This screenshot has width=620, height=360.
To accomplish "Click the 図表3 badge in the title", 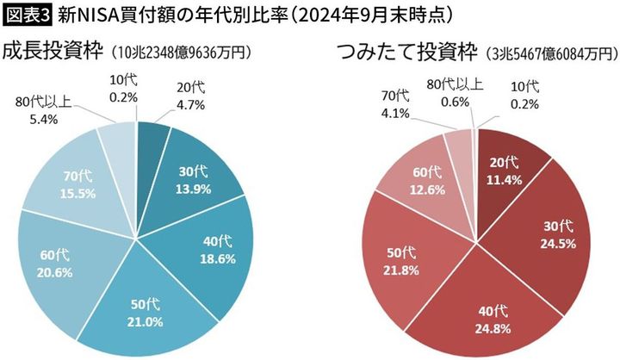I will pyautogui.click(x=27, y=15).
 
